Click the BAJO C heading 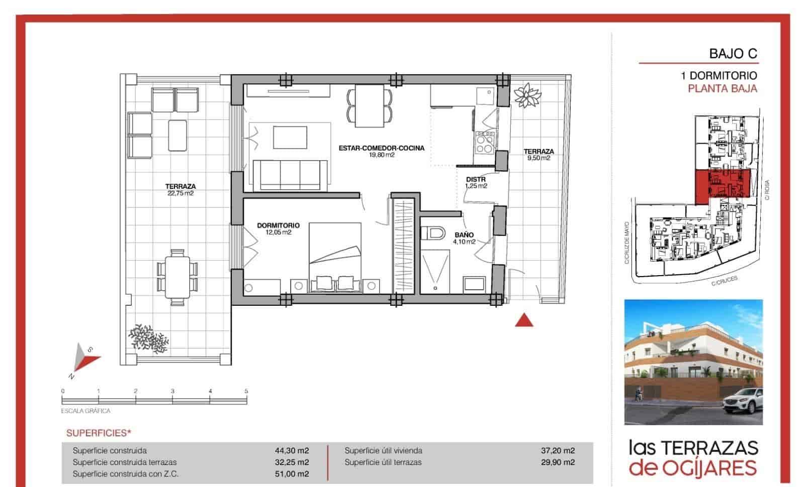point(733,54)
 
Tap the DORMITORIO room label point(278,225)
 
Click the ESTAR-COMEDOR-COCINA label point(381,148)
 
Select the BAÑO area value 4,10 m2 point(464,241)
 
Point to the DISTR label point(476,179)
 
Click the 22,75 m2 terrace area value point(180,193)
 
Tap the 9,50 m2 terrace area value point(539,158)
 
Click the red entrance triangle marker point(524,320)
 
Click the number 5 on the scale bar point(246,391)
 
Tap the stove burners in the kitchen point(485,144)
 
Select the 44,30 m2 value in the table point(295,450)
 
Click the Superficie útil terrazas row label point(383,462)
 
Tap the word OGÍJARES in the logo point(709,468)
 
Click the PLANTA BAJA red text point(722,89)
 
